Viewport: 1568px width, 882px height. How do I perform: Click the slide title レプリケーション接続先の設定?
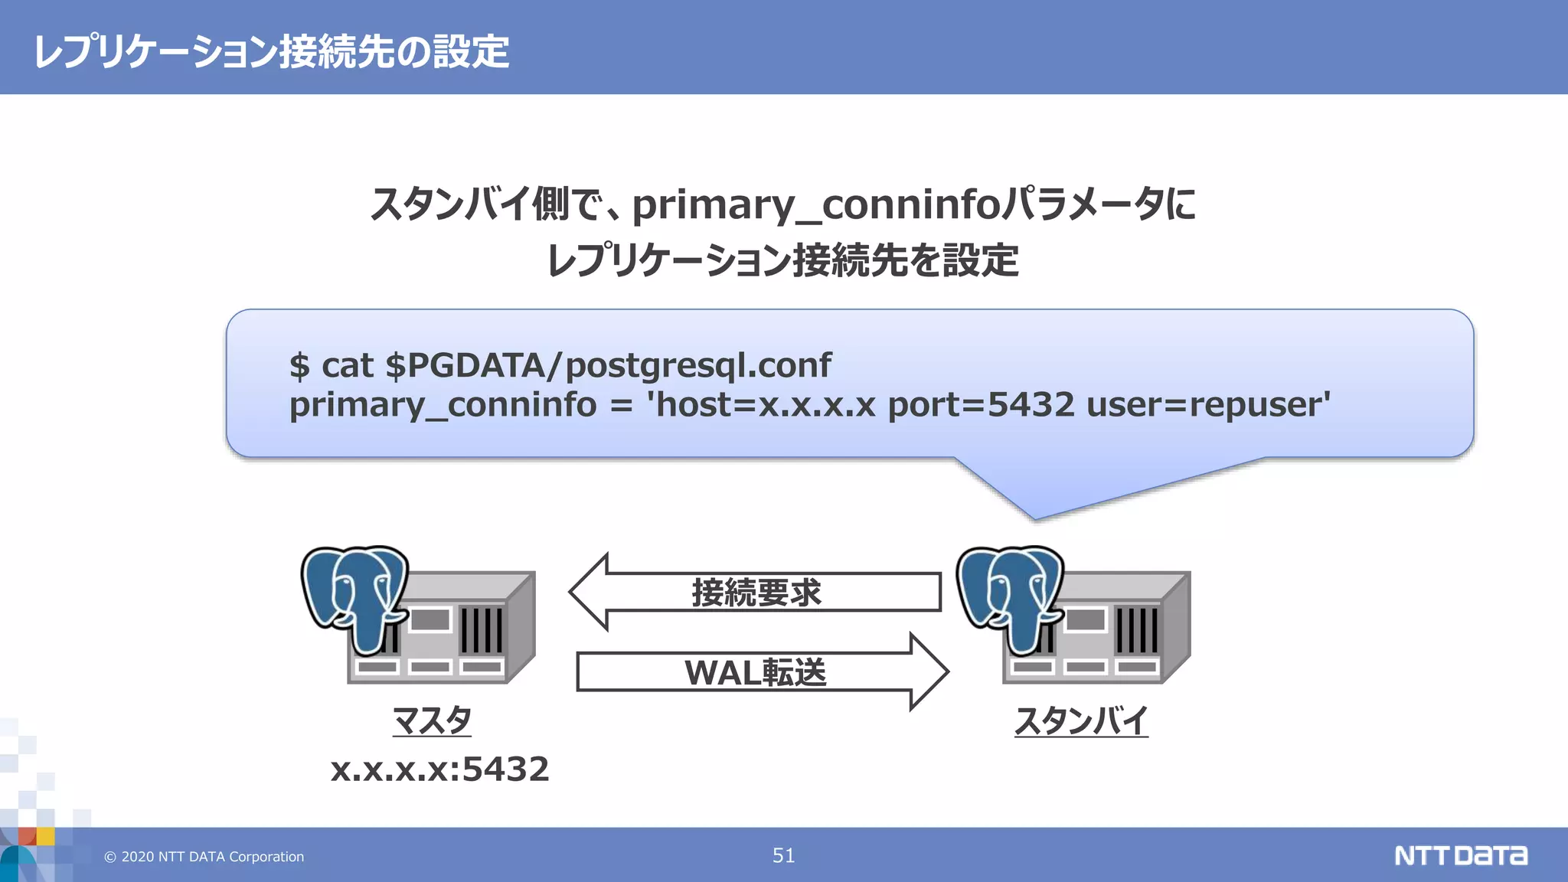(x=272, y=52)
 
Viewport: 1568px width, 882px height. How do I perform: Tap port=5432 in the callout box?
(x=981, y=404)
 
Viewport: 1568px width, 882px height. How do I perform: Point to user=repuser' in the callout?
(x=1208, y=404)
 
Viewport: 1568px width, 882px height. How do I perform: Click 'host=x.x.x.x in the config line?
(x=761, y=404)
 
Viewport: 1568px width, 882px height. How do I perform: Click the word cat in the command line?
(x=347, y=365)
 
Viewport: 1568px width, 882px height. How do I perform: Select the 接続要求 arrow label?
(x=756, y=593)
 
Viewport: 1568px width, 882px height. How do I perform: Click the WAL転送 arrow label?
(x=755, y=673)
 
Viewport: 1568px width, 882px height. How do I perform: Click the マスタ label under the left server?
(x=432, y=720)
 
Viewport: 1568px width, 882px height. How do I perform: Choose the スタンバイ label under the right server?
(x=1081, y=720)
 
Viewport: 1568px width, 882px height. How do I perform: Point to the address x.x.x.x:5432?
(x=439, y=769)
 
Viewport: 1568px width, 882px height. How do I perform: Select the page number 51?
(x=783, y=855)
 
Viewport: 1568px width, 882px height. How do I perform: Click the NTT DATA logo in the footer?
(x=1460, y=855)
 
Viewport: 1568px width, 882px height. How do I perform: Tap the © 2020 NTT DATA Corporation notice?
(x=204, y=857)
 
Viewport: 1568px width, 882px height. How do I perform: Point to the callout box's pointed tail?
(x=1035, y=514)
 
